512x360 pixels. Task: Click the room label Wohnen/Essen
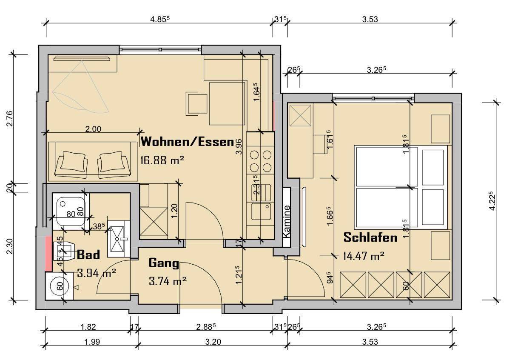(188, 141)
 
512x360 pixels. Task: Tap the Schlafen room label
(370, 237)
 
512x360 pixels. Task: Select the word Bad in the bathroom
(88, 254)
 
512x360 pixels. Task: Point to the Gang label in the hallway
(164, 263)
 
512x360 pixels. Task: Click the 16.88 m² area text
(162, 160)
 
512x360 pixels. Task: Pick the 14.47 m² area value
(364, 256)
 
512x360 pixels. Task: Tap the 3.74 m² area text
(168, 281)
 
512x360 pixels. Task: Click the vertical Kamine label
(286, 221)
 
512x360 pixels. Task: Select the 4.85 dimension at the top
(160, 19)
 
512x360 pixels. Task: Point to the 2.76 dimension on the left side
(10, 118)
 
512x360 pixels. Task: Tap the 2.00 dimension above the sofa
(93, 129)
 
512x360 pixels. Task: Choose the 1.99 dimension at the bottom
(92, 342)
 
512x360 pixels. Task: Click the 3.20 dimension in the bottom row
(213, 342)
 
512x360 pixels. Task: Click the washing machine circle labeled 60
(60, 286)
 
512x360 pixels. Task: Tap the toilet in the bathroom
(64, 251)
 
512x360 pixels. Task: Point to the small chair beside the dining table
(196, 104)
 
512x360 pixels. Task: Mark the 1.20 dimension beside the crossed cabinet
(174, 211)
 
